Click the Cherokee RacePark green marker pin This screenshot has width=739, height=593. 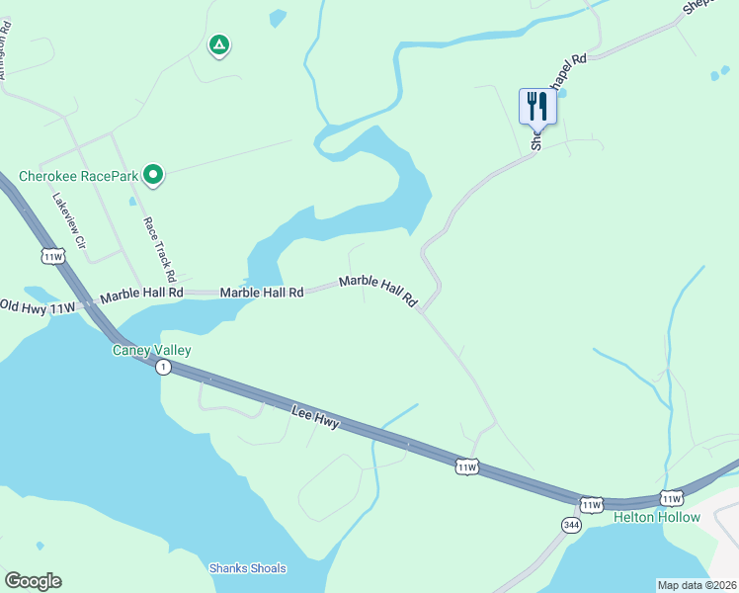(x=153, y=176)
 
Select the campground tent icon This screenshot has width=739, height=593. (x=218, y=45)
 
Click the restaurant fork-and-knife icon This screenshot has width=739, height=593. (x=537, y=105)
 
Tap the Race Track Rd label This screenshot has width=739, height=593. (x=158, y=249)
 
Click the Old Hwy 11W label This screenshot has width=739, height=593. (x=39, y=306)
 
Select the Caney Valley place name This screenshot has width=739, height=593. (x=151, y=350)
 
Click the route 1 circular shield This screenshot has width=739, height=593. (x=163, y=367)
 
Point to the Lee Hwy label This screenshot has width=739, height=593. (x=316, y=419)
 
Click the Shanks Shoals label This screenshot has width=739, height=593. (x=247, y=568)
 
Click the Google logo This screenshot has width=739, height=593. (x=33, y=581)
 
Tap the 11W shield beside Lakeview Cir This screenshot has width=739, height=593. (x=53, y=257)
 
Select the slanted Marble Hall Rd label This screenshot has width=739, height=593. (x=378, y=291)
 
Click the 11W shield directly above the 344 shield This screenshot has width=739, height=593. (x=590, y=504)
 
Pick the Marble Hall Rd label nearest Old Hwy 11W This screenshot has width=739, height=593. (x=142, y=293)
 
